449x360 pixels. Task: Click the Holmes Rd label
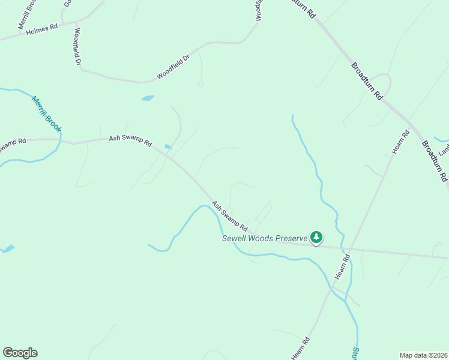tap(41, 30)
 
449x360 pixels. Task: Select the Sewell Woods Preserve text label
tap(265, 238)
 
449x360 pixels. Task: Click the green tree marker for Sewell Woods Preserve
tap(316, 238)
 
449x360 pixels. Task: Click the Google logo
tap(20, 352)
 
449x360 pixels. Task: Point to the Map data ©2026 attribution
tap(423, 355)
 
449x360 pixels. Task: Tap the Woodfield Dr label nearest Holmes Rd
tap(77, 46)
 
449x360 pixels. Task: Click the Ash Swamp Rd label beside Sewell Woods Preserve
tap(229, 216)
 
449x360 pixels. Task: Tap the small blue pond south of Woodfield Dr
tap(148, 98)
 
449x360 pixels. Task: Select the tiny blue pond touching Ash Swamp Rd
tap(167, 146)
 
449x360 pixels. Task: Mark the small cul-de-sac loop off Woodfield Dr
tap(201, 83)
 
